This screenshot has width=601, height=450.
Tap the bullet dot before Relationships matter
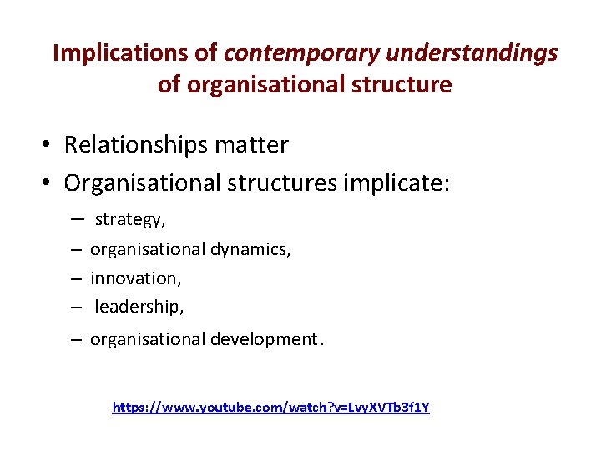coord(50,146)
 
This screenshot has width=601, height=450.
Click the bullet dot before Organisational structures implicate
coord(50,182)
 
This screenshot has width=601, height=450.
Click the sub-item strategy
coord(130,220)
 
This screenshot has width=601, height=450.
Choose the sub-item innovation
coord(135,278)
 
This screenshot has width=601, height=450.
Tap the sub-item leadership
coord(139,307)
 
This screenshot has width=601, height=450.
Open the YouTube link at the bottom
coord(271,407)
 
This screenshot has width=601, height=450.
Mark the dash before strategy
coord(75,219)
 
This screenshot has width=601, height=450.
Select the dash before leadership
coord(75,307)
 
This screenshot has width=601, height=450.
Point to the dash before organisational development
coord(75,339)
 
